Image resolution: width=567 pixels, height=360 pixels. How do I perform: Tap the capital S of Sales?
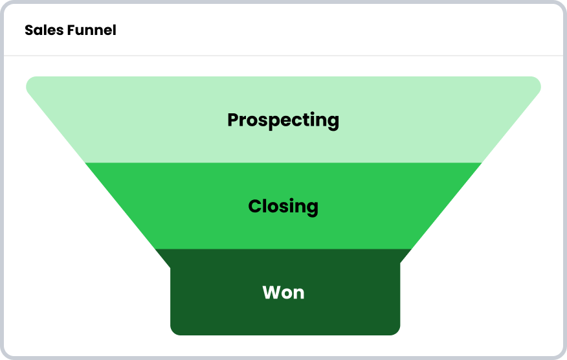point(29,30)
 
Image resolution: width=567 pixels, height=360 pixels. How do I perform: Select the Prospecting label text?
point(283,120)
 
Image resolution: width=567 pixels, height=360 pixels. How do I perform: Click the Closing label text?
point(283,207)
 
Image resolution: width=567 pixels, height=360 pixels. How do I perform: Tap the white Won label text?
point(283,293)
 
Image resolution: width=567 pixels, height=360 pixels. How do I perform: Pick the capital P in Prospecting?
point(233,119)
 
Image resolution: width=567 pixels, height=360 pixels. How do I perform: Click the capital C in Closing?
point(255,206)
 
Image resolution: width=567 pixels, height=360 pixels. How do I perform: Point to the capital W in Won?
point(272,293)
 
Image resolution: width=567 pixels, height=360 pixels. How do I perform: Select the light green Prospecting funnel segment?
point(283,119)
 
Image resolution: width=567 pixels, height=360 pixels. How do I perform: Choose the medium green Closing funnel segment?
point(283,206)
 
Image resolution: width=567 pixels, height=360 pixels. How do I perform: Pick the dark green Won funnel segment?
point(285,293)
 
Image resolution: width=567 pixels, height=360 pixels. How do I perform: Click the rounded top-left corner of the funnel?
point(28,82)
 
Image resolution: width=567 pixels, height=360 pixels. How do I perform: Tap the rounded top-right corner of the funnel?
point(539,82)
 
